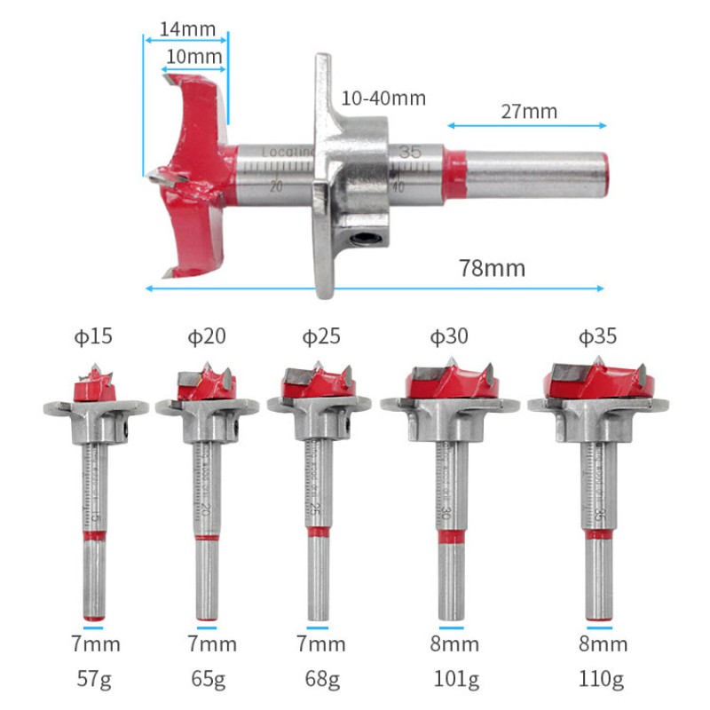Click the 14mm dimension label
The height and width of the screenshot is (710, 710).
click(x=187, y=28)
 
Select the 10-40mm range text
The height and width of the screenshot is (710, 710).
click(x=383, y=98)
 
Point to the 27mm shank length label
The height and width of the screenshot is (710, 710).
click(x=529, y=111)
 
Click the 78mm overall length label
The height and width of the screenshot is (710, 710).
click(x=492, y=267)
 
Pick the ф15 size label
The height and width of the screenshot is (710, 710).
click(x=92, y=336)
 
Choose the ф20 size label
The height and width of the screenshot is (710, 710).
click(x=206, y=336)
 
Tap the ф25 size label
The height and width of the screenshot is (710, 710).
click(x=321, y=336)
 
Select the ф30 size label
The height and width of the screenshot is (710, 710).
click(x=450, y=336)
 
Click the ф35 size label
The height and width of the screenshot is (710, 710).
click(x=597, y=336)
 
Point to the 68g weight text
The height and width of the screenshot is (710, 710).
click(x=321, y=681)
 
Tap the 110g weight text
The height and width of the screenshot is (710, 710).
click(x=601, y=681)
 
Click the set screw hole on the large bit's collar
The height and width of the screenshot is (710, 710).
click(x=364, y=239)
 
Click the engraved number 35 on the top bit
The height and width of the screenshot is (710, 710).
click(x=409, y=152)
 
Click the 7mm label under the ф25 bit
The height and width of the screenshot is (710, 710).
click(x=321, y=644)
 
